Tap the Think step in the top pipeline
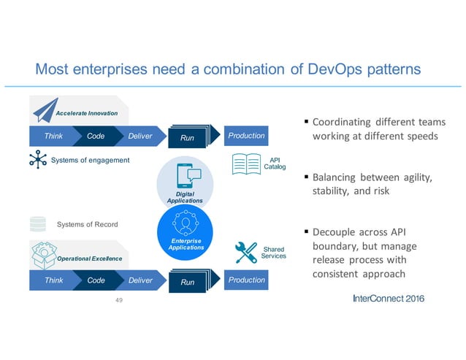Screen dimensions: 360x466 point(53,136)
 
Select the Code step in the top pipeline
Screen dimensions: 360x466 point(96,136)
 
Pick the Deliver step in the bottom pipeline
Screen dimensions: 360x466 point(140,280)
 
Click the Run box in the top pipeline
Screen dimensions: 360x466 point(188,137)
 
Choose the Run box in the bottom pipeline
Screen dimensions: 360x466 point(188,281)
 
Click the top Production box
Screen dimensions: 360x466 point(245,136)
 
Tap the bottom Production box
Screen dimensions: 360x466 point(245,280)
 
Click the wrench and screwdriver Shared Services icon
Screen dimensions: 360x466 point(247,252)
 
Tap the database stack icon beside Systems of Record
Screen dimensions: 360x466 point(38,224)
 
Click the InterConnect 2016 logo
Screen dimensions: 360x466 point(387,299)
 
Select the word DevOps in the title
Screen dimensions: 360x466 point(317,69)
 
